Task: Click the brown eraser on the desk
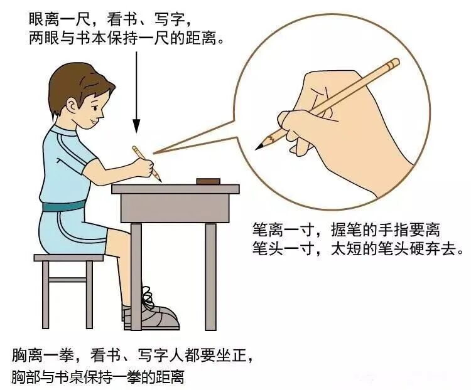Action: point(208,181)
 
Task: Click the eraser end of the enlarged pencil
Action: point(394,63)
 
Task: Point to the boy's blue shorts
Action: point(66,229)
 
